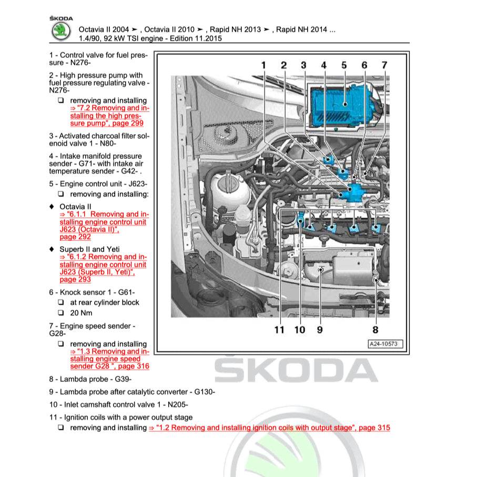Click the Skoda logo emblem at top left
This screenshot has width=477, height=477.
pyautogui.click(x=62, y=31)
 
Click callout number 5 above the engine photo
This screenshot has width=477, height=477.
pyautogui.click(x=344, y=65)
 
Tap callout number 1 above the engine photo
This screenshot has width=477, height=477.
pyautogui.click(x=263, y=65)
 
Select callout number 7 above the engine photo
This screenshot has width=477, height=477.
pyautogui.click(x=384, y=65)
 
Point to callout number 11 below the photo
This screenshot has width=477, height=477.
pyautogui.click(x=279, y=330)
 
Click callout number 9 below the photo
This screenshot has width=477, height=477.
pyautogui.click(x=320, y=330)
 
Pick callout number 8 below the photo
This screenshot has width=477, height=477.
pyautogui.click(x=375, y=330)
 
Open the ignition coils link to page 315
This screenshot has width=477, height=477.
pyautogui.click(x=270, y=428)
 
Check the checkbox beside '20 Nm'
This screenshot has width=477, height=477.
pyautogui.click(x=61, y=313)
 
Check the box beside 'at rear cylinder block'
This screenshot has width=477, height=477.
pyautogui.click(x=61, y=302)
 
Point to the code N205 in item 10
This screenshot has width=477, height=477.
pyautogui.click(x=177, y=404)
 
